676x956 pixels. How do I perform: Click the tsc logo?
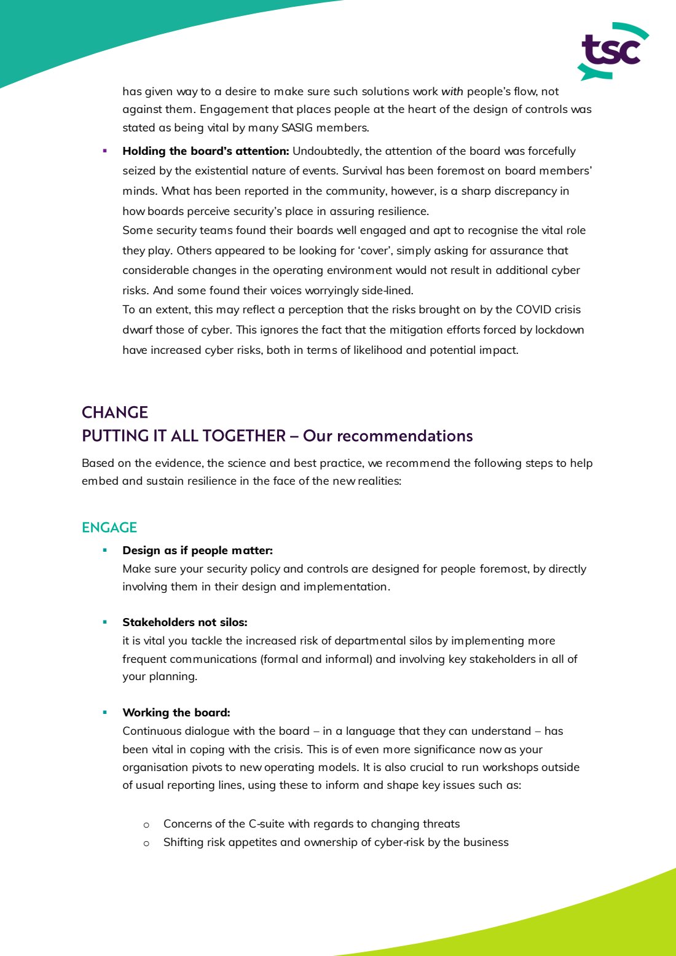612,51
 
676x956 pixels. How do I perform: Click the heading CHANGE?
115,412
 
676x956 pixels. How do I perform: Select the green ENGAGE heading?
109,528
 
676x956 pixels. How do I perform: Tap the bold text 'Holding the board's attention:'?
205,151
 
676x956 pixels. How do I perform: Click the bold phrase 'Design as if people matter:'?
197,550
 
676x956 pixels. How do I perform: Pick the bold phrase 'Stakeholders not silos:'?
184,622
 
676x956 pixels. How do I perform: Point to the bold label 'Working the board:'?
176,713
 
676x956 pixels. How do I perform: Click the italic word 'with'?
452,92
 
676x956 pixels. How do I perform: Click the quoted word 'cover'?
374,251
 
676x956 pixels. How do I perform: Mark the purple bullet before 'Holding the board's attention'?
105,151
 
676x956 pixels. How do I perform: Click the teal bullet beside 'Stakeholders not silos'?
105,622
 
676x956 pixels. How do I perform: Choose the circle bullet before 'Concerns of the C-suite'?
146,825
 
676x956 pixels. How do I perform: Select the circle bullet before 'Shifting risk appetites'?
146,843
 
